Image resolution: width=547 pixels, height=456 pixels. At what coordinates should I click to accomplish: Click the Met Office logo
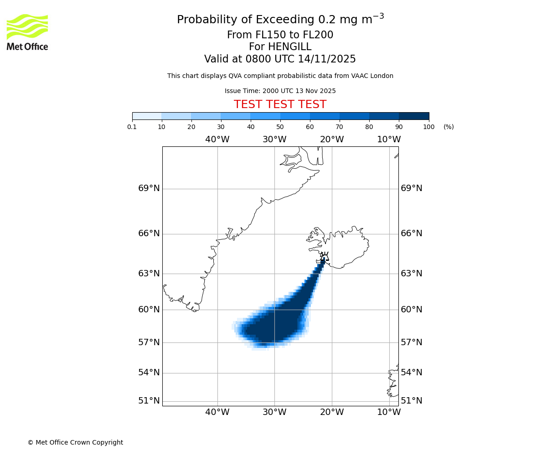pyautogui.click(x=27, y=32)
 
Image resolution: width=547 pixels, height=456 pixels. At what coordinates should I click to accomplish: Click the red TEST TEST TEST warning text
pyautogui.click(x=280, y=105)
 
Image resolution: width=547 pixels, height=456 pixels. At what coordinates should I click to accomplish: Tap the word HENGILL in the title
pyautogui.click(x=280, y=47)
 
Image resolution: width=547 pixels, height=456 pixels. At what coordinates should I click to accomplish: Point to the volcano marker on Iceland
pyautogui.click(x=324, y=256)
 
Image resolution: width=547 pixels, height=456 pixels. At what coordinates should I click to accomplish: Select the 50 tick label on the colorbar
pyautogui.click(x=280, y=127)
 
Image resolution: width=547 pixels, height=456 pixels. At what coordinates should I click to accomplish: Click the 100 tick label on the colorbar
pyautogui.click(x=428, y=127)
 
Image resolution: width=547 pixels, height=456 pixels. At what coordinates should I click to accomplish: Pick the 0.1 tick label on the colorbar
pyautogui.click(x=132, y=127)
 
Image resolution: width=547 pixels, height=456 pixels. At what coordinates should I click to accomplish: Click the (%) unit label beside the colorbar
pyautogui.click(x=449, y=127)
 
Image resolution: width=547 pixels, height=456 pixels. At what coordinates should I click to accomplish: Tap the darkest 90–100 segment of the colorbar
pyautogui.click(x=414, y=116)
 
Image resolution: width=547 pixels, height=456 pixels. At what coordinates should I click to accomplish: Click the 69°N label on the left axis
pyautogui.click(x=149, y=188)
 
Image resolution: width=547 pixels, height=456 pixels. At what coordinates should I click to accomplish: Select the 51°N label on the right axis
pyautogui.click(x=411, y=401)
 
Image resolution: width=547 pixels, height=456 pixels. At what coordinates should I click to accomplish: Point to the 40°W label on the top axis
pyautogui.click(x=217, y=140)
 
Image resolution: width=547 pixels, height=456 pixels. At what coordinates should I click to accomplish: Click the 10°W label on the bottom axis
pyautogui.click(x=389, y=412)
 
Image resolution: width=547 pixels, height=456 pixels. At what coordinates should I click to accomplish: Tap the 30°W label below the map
pyautogui.click(x=274, y=412)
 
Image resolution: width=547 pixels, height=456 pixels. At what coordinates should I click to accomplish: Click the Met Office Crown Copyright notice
pyautogui.click(x=75, y=442)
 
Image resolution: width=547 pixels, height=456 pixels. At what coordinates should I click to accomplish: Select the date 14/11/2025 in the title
pyautogui.click(x=327, y=59)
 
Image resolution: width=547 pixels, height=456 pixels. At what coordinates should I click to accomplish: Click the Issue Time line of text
pyautogui.click(x=280, y=91)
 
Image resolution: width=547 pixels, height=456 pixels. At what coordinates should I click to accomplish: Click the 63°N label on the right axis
pyautogui.click(x=411, y=274)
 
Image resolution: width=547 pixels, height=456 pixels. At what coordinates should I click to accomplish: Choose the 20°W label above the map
pyautogui.click(x=331, y=140)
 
